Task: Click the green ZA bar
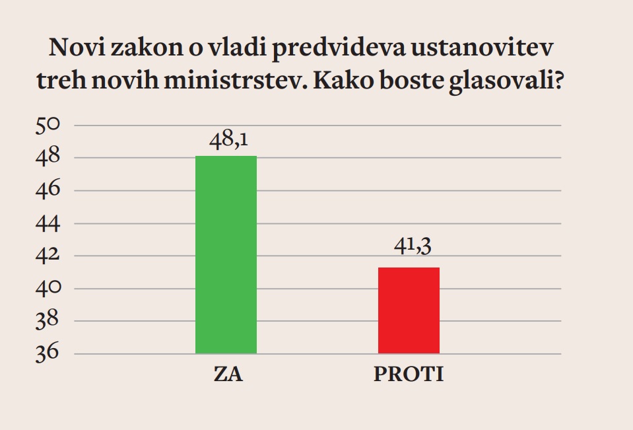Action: point(226,254)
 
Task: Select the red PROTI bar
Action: point(409,310)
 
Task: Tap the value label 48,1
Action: point(226,141)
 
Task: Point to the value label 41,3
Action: point(409,252)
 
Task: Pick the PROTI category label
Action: point(409,375)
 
